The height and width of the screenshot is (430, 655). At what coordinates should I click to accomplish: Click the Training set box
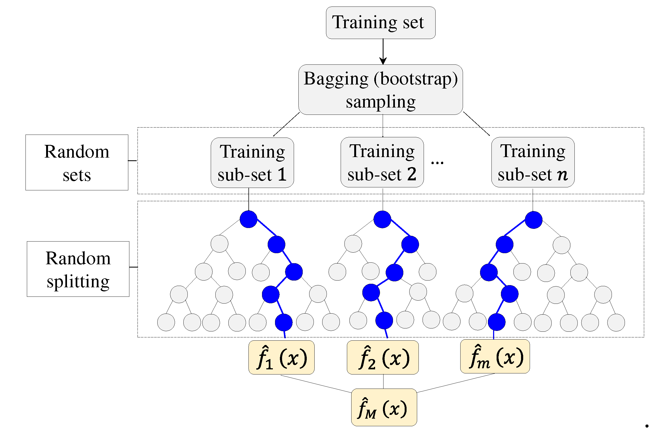[380, 22]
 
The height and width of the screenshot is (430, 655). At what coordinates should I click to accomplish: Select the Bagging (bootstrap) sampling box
[380, 90]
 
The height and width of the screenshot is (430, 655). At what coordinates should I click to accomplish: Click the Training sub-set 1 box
[252, 163]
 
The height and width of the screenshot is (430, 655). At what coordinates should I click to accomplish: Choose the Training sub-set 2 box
[382, 162]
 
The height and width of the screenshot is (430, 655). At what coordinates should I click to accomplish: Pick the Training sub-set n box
[532, 162]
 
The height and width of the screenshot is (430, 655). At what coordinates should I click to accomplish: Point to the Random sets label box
[77, 162]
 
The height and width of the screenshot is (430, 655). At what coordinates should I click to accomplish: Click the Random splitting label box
[78, 269]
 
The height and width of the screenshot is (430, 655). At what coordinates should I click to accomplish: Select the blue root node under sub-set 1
[248, 219]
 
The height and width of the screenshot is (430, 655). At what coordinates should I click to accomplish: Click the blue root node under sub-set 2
[382, 219]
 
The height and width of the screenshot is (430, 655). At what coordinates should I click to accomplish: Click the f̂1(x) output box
[281, 357]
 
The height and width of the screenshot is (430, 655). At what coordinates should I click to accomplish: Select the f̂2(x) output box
[382, 357]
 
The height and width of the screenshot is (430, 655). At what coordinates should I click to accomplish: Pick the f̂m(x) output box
[495, 356]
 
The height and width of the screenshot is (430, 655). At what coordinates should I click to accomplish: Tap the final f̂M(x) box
[384, 407]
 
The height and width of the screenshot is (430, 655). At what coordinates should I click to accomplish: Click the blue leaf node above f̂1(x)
[283, 322]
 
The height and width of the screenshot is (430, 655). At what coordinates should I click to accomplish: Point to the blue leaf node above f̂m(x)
[497, 322]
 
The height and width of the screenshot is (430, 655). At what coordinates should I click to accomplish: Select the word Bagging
[336, 79]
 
